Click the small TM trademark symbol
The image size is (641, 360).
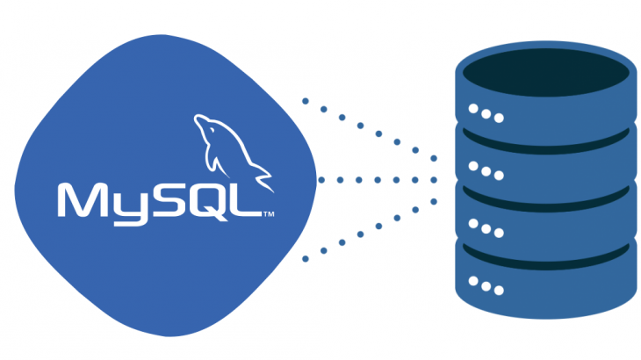point(270,213)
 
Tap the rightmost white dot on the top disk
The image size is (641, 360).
point(500,117)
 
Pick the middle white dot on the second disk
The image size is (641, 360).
point(486,170)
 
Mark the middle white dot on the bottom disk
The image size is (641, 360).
point(486,284)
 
